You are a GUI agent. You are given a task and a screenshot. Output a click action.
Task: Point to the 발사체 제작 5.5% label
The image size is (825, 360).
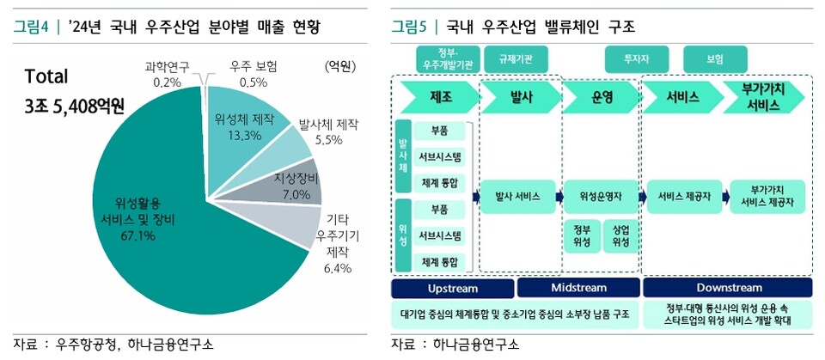[323, 131]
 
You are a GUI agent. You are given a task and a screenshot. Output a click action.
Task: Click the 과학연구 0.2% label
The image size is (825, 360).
[167, 74]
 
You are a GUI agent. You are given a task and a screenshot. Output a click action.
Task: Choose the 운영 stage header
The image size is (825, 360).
[602, 95]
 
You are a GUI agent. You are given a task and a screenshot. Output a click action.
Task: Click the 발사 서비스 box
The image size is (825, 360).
[517, 197]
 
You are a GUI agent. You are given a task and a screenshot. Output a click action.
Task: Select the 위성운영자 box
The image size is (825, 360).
[602, 197]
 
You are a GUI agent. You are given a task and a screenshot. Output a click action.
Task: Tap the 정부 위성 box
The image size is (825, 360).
[582, 237]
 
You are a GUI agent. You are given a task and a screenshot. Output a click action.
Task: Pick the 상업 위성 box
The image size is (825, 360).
[621, 237]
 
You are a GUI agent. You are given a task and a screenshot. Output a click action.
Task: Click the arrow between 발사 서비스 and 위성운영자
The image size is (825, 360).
[559, 197]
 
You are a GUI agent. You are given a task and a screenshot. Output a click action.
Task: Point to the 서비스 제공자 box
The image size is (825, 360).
[684, 197]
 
